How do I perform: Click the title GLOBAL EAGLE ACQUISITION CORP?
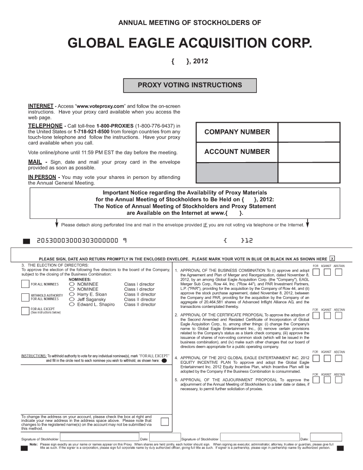click(190, 44)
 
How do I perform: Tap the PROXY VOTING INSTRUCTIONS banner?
click(190, 85)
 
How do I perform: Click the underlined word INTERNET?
click(41, 106)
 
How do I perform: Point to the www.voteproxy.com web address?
click(100, 106)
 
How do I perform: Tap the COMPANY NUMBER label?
click(237, 132)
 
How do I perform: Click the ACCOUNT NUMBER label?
click(237, 152)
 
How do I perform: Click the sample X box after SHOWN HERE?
click(333, 257)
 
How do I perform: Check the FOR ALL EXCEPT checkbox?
click(25, 311)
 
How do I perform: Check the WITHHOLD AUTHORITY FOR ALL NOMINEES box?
click(25, 297)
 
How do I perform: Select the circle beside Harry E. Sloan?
click(72, 294)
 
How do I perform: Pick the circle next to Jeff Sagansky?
click(72, 299)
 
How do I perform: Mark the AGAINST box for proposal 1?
click(327, 272)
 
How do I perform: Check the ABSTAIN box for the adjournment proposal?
click(338, 380)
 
